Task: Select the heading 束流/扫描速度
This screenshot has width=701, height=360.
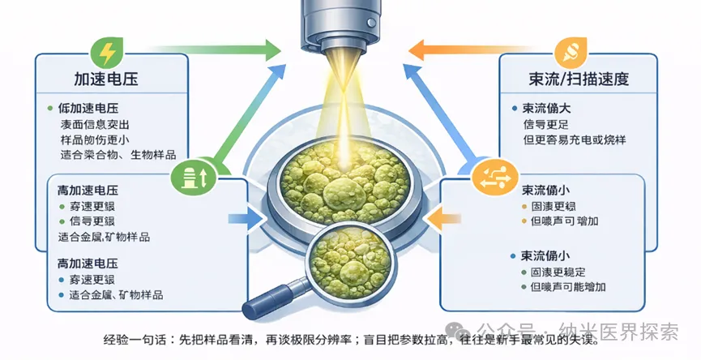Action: tap(577, 79)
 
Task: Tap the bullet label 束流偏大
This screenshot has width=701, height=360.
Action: tap(551, 108)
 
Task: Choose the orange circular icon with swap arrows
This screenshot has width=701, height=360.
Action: tap(489, 175)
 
